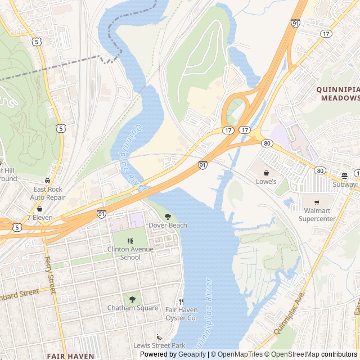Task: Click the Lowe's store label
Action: pos(267,182)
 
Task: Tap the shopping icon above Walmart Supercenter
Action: pos(316,202)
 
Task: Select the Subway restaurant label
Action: pos(344,184)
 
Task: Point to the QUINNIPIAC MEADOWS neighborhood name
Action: pos(337,93)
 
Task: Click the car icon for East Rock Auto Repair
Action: pos(48,181)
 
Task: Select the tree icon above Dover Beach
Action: pos(168,217)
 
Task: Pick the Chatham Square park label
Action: pos(133,308)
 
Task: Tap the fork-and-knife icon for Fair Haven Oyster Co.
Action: pos(181,301)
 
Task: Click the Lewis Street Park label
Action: pos(159,345)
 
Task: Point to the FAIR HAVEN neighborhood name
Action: pos(70,356)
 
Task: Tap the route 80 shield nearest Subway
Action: pos(320,170)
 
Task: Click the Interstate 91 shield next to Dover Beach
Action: pos(101,214)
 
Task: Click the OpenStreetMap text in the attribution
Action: pos(295,354)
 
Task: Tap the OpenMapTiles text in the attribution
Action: pos(240,354)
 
